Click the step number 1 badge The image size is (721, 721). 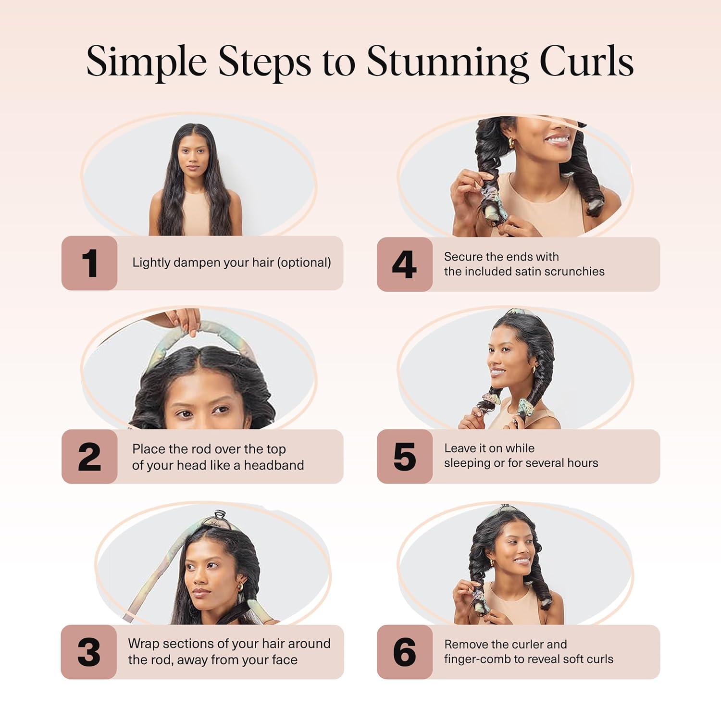89,263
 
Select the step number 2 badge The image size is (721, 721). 89,457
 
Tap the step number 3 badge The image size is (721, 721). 89,652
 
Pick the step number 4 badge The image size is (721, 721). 404,264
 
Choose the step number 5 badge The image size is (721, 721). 404,457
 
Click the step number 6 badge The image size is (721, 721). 404,652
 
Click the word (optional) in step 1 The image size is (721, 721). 305,262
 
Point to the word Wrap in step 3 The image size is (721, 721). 143,644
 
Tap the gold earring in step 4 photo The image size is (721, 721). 511,143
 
